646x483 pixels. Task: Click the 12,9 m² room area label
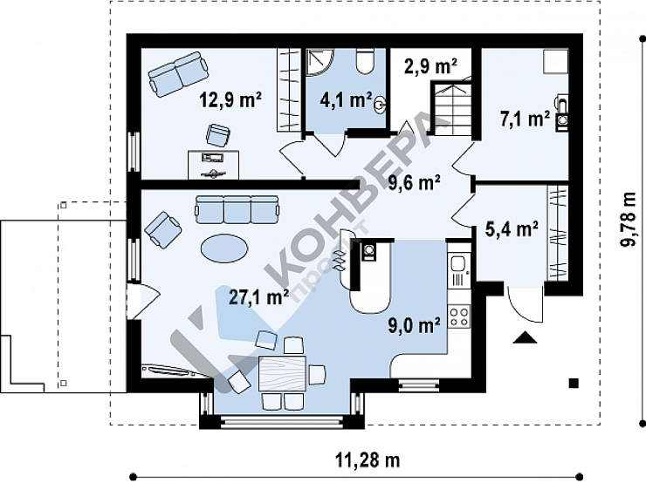click(x=230, y=99)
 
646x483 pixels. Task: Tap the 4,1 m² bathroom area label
click(x=346, y=100)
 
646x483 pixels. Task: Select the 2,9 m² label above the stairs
click(x=430, y=66)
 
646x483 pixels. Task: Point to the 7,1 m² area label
click(x=525, y=119)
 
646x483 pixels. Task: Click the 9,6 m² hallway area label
click(x=414, y=183)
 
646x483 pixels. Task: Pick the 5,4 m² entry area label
click(x=512, y=229)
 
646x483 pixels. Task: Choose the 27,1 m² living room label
click(x=258, y=297)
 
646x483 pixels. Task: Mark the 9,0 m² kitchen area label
click(x=414, y=325)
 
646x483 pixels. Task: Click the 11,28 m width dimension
click(x=368, y=460)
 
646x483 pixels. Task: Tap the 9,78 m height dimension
click(x=629, y=220)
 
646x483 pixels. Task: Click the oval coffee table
click(x=224, y=248)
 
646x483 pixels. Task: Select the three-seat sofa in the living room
click(x=237, y=210)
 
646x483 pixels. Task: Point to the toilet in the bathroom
click(x=365, y=61)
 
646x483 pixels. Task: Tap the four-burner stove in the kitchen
click(x=460, y=316)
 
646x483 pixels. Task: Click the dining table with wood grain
click(x=282, y=373)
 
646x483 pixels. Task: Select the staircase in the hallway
click(x=451, y=109)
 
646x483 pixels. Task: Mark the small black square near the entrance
click(x=574, y=384)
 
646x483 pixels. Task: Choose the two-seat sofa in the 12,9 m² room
click(x=178, y=74)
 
